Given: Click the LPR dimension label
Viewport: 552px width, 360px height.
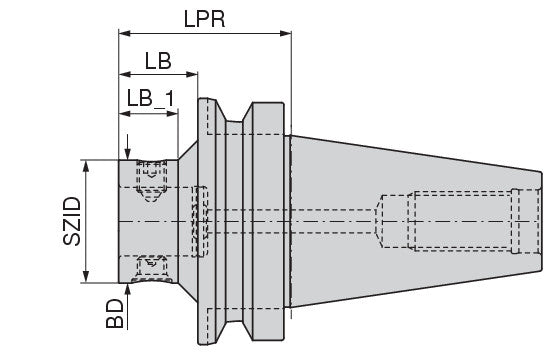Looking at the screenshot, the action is (204, 19).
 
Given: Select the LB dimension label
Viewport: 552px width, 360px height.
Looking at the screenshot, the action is (158, 61).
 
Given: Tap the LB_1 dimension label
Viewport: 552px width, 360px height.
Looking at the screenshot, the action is (150, 98).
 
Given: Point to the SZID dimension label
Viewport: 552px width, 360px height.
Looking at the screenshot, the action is (72, 221).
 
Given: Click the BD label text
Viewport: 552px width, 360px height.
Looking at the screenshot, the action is (115, 314).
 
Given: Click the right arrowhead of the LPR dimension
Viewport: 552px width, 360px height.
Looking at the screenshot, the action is (286, 33).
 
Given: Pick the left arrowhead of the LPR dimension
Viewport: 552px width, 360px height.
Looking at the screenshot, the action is (125, 33).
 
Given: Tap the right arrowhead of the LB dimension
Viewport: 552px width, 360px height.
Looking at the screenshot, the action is (192, 74).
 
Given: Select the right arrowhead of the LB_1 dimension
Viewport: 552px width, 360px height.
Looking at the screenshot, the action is (172, 113).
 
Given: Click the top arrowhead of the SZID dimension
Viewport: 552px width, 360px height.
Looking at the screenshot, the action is (86, 166).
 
